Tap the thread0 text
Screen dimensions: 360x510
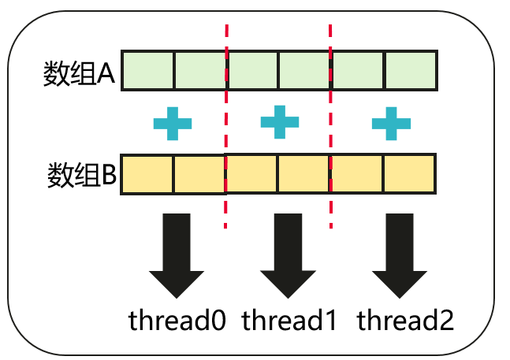[177, 321]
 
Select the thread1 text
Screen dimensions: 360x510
[289, 321]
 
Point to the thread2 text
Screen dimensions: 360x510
[405, 321]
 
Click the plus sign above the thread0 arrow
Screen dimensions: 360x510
[173, 123]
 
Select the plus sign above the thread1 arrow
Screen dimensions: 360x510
[280, 121]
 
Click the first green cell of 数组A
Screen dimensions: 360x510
[148, 71]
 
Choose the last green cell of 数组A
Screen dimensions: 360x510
[410, 71]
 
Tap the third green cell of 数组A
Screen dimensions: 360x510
[253, 71]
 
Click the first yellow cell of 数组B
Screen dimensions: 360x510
[147, 174]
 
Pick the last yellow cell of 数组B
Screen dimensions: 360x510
[409, 174]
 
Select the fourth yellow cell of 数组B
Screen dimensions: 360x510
[303, 174]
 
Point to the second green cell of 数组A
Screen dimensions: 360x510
[200, 71]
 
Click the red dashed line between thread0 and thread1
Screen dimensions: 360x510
[227, 126]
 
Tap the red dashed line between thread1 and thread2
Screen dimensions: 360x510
[329, 126]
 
